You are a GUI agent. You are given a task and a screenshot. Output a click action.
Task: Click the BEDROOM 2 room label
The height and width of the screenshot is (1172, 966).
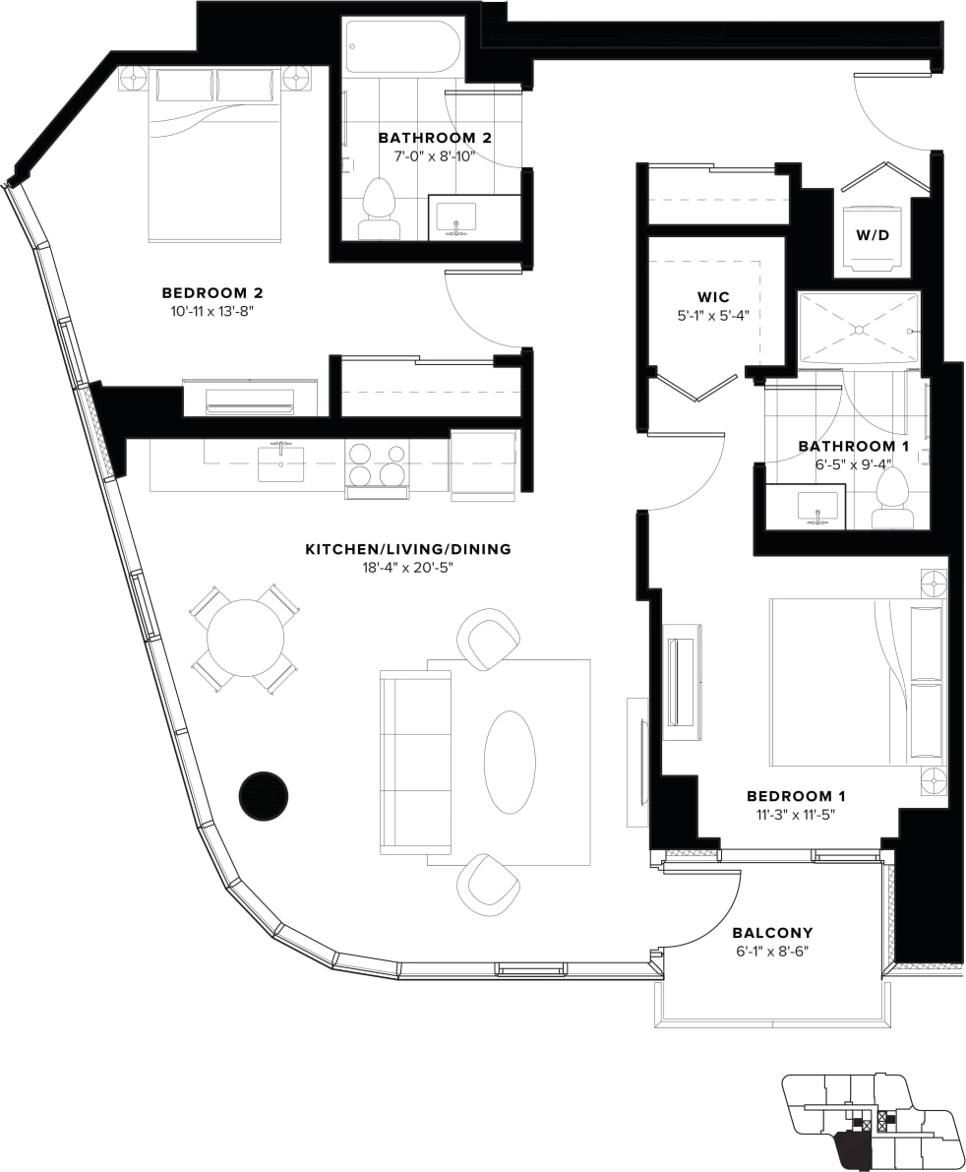coord(211,293)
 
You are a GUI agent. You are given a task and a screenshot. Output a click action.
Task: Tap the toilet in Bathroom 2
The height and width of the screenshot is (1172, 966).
coord(379,209)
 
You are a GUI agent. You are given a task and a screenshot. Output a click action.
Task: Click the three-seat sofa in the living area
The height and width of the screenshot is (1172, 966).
coord(415,763)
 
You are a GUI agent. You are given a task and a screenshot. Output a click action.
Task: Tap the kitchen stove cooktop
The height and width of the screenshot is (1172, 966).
coord(377,464)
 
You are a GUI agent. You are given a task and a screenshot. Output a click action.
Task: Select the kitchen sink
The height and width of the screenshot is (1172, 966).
coord(280,463)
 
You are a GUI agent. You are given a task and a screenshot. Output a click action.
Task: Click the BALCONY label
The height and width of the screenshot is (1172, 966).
coord(772,933)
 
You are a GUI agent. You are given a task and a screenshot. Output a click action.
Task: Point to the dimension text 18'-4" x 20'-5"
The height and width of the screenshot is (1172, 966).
coord(408,568)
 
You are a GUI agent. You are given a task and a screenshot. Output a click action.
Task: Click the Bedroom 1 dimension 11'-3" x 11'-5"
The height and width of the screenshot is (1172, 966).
coord(796,814)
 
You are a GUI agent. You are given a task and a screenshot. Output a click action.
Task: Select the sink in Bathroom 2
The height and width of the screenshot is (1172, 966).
coord(456,216)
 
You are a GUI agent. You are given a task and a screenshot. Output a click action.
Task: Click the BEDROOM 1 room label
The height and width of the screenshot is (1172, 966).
coord(796,796)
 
